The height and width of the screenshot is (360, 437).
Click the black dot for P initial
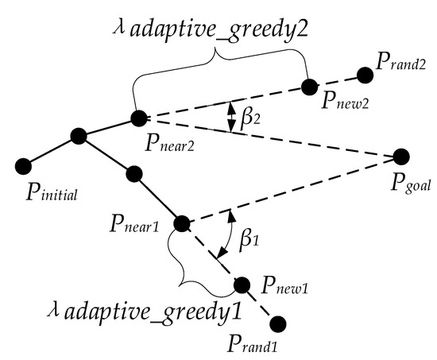click(23, 165)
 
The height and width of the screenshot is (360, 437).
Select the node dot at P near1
click(182, 223)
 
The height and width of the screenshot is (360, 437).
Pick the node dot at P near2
click(139, 118)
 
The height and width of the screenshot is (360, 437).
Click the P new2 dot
click(311, 84)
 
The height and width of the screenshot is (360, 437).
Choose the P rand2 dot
click(365, 75)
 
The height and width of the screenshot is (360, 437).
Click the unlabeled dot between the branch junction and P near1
click(133, 172)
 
